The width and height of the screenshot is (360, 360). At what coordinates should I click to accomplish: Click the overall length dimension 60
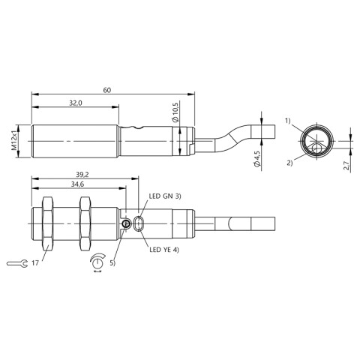pos(108,90)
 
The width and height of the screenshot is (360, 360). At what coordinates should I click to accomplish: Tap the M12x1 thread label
pos(14,140)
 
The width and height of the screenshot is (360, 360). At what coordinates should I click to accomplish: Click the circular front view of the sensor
pos(313,140)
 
